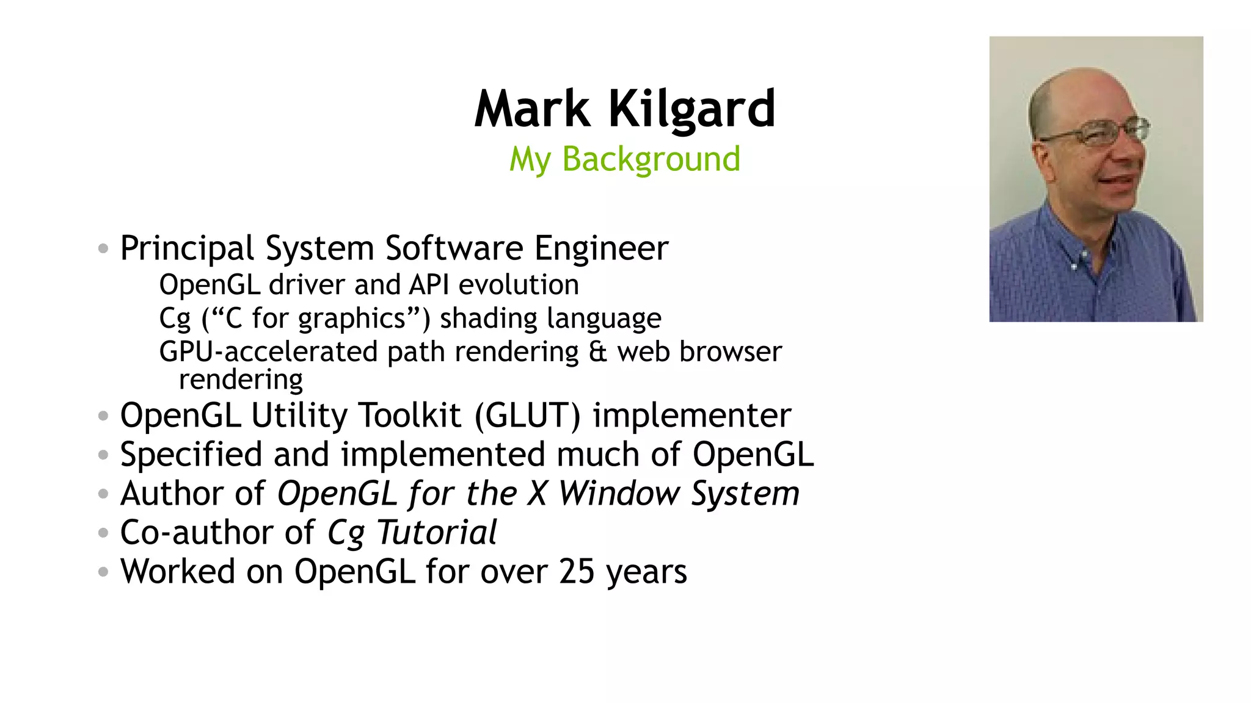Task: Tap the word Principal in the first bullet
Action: tap(187, 248)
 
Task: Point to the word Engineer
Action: tap(601, 248)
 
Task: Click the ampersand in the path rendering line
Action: tap(598, 352)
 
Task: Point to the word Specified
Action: tap(191, 455)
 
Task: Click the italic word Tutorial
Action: tap(437, 532)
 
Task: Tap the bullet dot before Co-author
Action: tap(103, 533)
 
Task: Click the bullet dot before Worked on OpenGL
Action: tap(103, 572)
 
